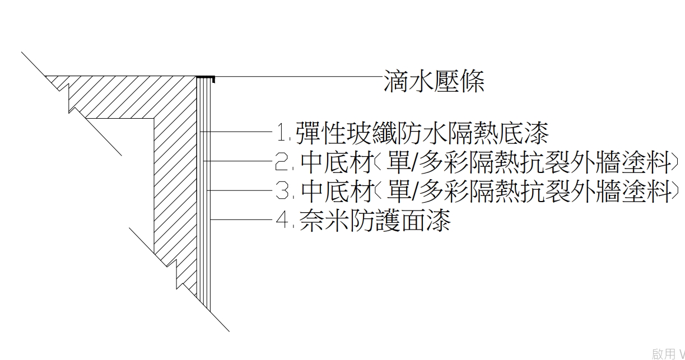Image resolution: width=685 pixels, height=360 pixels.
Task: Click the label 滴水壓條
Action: coord(434,82)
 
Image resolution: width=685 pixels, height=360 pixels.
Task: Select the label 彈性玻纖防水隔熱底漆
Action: coord(422,133)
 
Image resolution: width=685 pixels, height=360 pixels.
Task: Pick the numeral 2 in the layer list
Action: coord(281,162)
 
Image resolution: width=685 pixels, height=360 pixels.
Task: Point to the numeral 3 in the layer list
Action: coord(281,191)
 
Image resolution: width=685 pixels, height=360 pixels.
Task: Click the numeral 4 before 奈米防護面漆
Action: coord(282,221)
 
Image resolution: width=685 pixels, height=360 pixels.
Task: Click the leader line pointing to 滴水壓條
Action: coord(297,77)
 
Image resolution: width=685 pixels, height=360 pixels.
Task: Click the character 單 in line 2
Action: coord(397,162)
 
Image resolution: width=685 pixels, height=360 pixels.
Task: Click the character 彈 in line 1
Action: coord(309,133)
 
